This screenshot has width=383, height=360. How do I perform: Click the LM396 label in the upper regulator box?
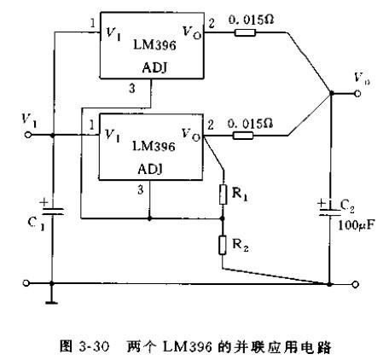click(x=154, y=45)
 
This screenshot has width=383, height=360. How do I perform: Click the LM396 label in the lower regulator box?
click(x=154, y=147)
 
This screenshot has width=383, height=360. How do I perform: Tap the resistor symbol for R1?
click(x=223, y=195)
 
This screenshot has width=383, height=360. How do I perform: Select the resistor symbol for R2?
click(x=223, y=245)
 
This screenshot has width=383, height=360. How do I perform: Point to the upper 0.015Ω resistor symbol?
click(x=245, y=32)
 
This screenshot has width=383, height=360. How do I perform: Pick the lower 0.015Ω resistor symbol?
click(x=243, y=136)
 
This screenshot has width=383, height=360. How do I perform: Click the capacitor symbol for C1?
click(x=52, y=211)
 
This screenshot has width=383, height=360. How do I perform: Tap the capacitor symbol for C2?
click(x=330, y=212)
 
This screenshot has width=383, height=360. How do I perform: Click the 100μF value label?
click(x=356, y=225)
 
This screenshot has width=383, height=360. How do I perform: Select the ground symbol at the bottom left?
click(x=51, y=303)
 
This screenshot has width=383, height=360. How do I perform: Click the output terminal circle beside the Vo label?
click(x=357, y=93)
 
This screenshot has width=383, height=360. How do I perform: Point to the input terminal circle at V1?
click(x=28, y=135)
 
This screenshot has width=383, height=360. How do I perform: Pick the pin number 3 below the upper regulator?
click(x=132, y=89)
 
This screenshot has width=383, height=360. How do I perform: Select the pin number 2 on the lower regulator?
click(x=211, y=125)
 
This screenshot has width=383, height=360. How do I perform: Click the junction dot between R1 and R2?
click(x=223, y=218)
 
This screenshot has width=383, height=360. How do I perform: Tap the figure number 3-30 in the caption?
click(x=94, y=346)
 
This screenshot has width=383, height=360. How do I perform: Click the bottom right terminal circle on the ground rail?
click(x=356, y=284)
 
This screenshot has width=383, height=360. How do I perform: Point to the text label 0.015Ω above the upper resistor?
click(x=251, y=20)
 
